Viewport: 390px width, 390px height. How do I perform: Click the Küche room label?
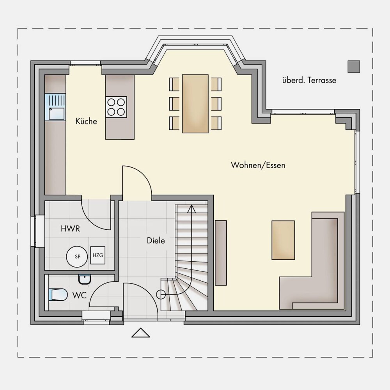pyautogui.click(x=86, y=121)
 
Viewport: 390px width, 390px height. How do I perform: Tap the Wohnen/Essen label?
pyautogui.click(x=258, y=165)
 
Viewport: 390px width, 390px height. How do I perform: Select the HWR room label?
pyautogui.click(x=70, y=229)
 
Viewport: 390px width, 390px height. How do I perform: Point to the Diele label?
pyautogui.click(x=156, y=241)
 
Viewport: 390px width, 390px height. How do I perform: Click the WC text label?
pyautogui.click(x=79, y=295)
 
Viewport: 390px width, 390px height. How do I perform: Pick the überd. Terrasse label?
pyautogui.click(x=309, y=80)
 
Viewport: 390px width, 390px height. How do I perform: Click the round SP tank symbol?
pyautogui.click(x=77, y=257)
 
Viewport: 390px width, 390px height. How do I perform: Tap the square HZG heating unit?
pyautogui.click(x=98, y=255)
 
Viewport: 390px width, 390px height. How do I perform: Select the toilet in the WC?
pyautogui.click(x=58, y=294)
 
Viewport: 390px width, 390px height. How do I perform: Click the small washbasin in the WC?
pyautogui.click(x=85, y=279)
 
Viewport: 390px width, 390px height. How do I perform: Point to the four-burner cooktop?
pyautogui.click(x=116, y=107)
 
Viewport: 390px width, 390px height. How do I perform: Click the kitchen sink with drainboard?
pyautogui.click(x=55, y=107)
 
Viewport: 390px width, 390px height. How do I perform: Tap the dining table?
pyautogui.click(x=195, y=103)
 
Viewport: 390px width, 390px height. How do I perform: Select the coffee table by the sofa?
pyautogui.click(x=283, y=240)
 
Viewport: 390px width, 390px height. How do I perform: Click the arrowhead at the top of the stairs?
pyautogui.click(x=191, y=209)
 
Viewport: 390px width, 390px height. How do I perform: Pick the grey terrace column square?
pyautogui.click(x=354, y=67)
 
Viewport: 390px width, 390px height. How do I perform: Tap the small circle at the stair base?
pyautogui.click(x=161, y=294)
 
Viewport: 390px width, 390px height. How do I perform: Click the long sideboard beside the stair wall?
pyautogui.click(x=221, y=253)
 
